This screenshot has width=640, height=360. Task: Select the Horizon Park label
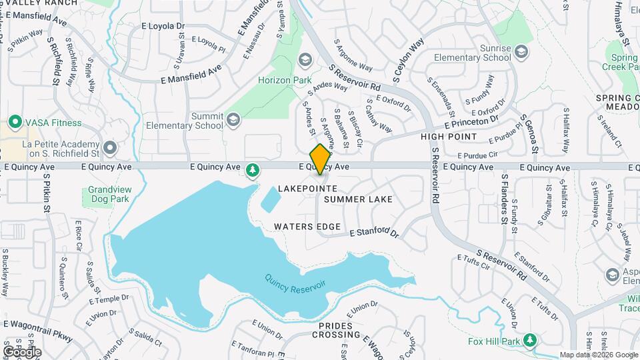285,80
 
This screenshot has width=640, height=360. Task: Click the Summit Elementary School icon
233,120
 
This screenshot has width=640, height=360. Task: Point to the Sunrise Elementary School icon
521,53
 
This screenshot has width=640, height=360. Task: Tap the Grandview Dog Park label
108,194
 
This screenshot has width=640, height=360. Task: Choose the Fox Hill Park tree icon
530,341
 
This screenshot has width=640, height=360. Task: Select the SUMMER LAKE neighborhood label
358,199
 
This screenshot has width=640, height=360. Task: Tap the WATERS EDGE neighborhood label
307,227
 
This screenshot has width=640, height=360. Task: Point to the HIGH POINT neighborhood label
449,137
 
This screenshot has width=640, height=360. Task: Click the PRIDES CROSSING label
339,335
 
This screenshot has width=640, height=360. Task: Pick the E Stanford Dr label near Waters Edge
374,233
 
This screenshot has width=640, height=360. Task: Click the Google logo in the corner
22,352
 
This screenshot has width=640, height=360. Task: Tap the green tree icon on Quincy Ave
253,171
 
